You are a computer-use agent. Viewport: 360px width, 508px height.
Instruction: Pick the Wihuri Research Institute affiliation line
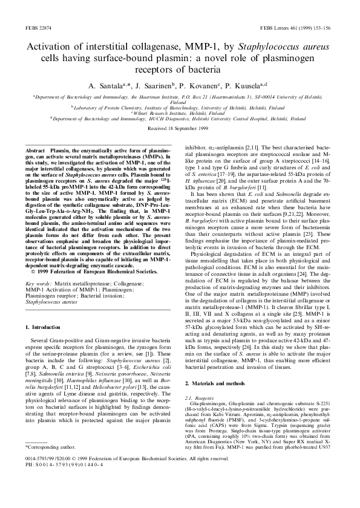coord(180,112)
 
